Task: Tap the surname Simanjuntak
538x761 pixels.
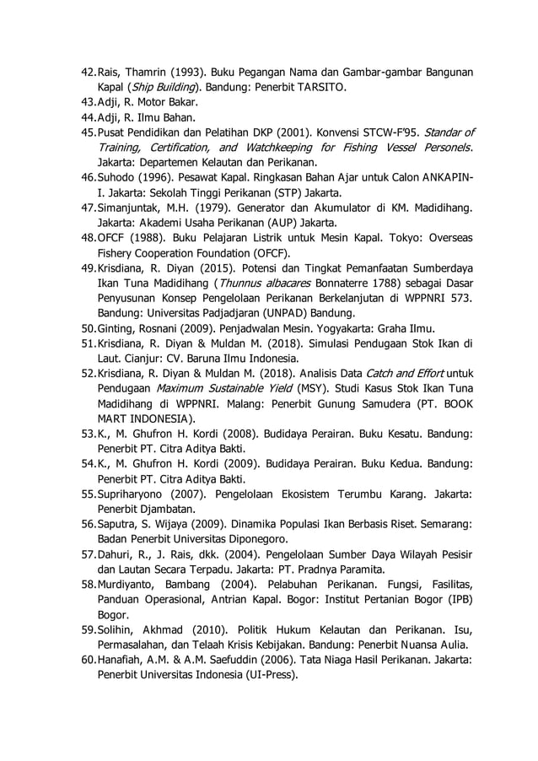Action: [x=132, y=208]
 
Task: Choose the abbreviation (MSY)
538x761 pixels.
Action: [x=309, y=387]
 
